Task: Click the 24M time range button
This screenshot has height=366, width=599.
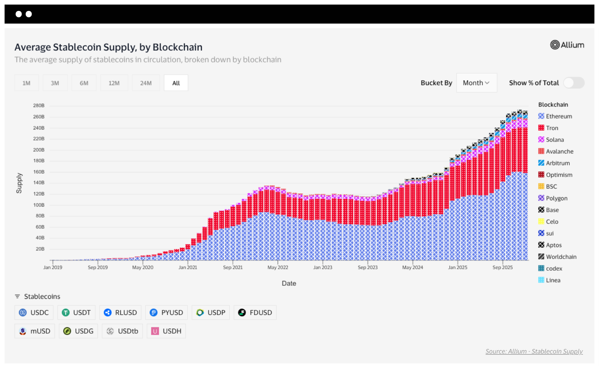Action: pyautogui.click(x=146, y=83)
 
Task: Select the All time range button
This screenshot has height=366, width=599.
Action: pyautogui.click(x=176, y=83)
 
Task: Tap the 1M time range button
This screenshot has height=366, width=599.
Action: pyautogui.click(x=26, y=83)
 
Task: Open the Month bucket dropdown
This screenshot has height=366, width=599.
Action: pyautogui.click(x=476, y=83)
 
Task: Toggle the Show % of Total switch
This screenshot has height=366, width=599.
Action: pyautogui.click(x=574, y=83)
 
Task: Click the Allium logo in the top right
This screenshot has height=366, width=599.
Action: pyautogui.click(x=567, y=45)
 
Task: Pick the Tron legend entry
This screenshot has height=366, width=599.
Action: pyautogui.click(x=552, y=128)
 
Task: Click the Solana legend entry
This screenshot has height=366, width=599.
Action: pyautogui.click(x=555, y=140)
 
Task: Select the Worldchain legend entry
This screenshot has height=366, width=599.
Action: pyautogui.click(x=561, y=257)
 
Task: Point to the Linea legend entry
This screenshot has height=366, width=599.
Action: pyautogui.click(x=553, y=280)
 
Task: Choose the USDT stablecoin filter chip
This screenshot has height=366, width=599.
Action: pyautogui.click(x=76, y=313)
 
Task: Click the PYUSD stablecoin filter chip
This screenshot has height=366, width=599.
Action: pyautogui.click(x=166, y=313)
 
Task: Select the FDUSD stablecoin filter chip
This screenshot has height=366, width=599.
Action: pyautogui.click(x=255, y=313)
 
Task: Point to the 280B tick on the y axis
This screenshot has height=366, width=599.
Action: pyautogui.click(x=39, y=106)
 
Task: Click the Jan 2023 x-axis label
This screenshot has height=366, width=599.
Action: pyautogui.click(x=322, y=267)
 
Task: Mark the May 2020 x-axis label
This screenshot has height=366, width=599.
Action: pyautogui.click(x=143, y=267)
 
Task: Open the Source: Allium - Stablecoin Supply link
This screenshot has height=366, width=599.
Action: pyautogui.click(x=534, y=351)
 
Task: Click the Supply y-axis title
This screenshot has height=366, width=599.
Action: pyautogui.click(x=19, y=183)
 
